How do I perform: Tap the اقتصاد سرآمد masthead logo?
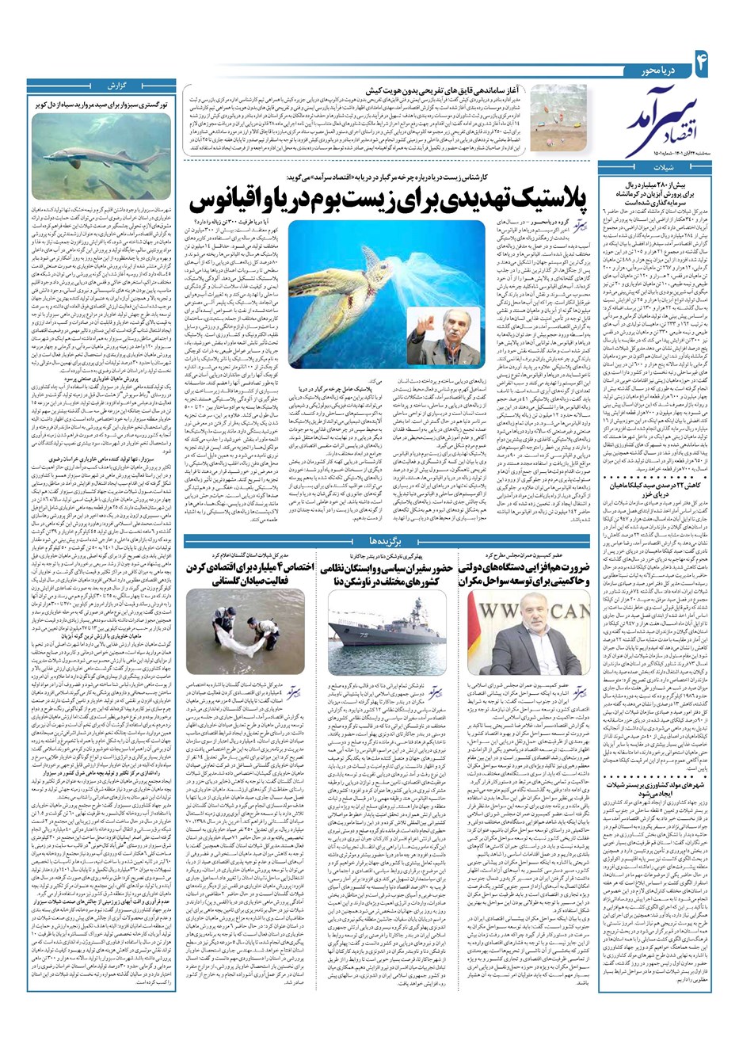pyautogui.click(x=665, y=119)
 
